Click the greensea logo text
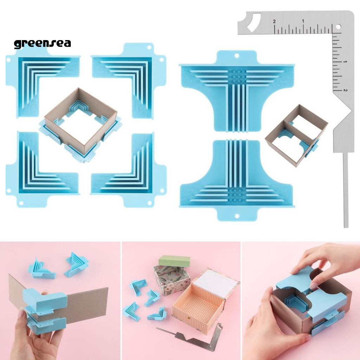point(42,43)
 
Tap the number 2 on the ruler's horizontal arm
point(274,22)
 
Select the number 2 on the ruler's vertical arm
point(346,90)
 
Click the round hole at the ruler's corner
point(339,26)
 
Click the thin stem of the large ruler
point(346,190)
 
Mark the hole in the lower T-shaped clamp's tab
point(237,216)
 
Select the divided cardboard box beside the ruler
point(295,135)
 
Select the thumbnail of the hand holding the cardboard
point(60,301)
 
